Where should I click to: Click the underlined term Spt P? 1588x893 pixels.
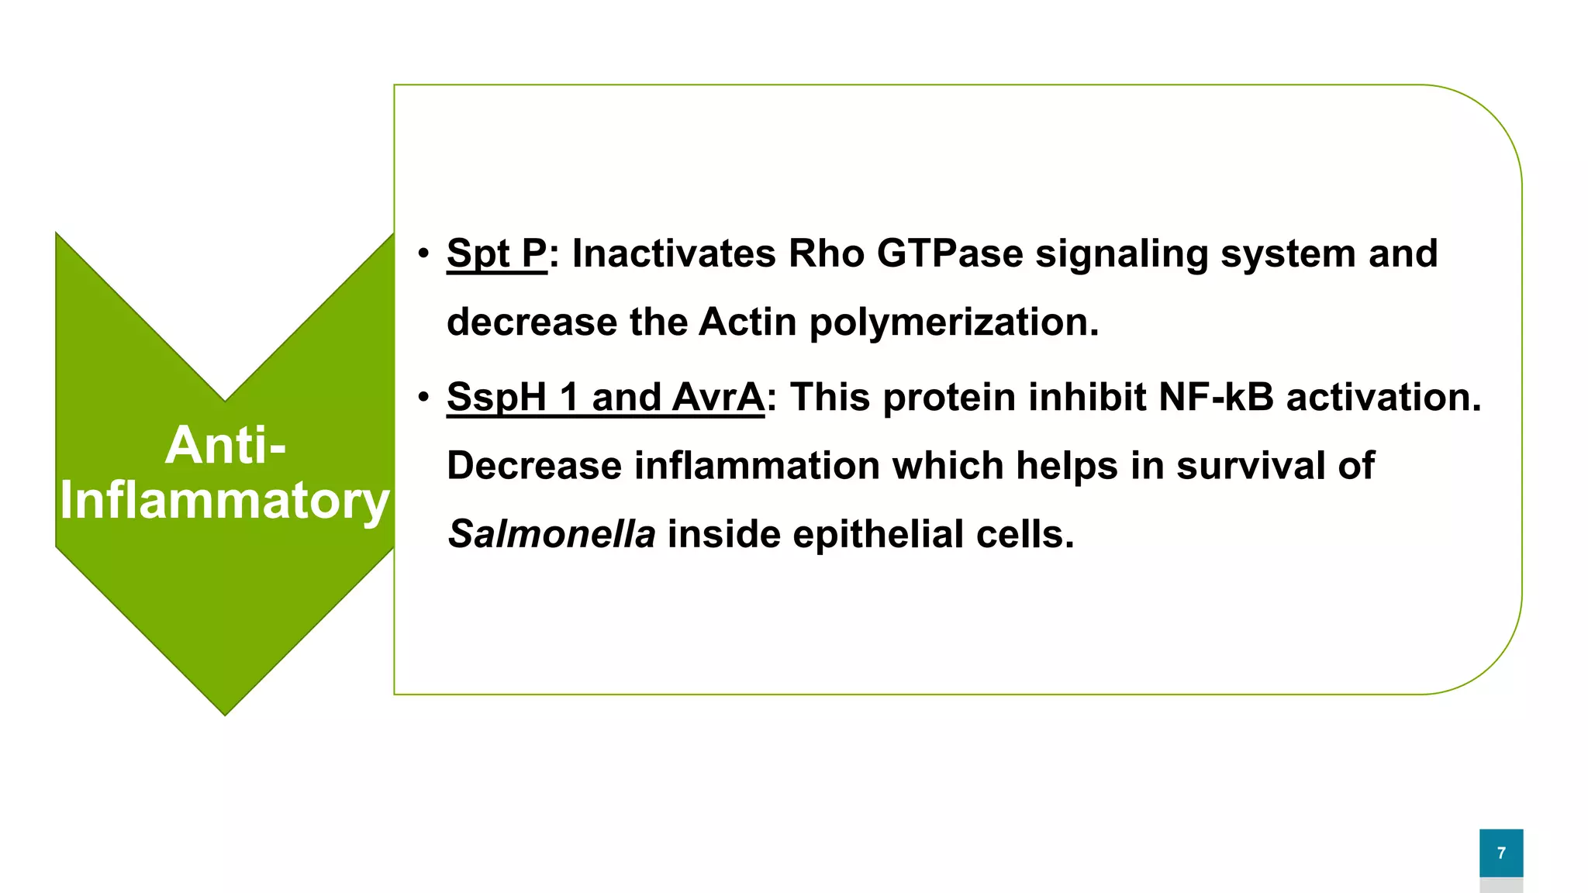coord(496,254)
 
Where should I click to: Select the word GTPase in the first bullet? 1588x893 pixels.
coord(950,254)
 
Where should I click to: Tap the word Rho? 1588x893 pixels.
coord(826,254)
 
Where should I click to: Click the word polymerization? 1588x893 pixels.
coord(954,322)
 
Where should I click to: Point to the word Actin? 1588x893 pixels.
coord(747,322)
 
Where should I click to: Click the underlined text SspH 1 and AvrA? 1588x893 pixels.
coord(606,398)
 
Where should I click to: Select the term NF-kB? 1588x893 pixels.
coord(1216,398)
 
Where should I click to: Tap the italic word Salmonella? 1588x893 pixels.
coord(551,535)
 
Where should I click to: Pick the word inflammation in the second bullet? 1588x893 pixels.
coord(757,467)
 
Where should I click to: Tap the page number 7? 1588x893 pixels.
coord(1501,853)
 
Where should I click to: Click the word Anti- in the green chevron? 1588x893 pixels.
coord(225,446)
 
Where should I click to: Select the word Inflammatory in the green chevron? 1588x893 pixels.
coord(225,501)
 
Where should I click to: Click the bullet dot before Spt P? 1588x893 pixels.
coord(423,254)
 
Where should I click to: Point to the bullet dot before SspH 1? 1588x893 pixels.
coord(423,398)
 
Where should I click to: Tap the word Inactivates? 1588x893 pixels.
coord(673,254)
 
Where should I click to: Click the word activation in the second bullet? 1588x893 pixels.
coord(1383,398)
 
